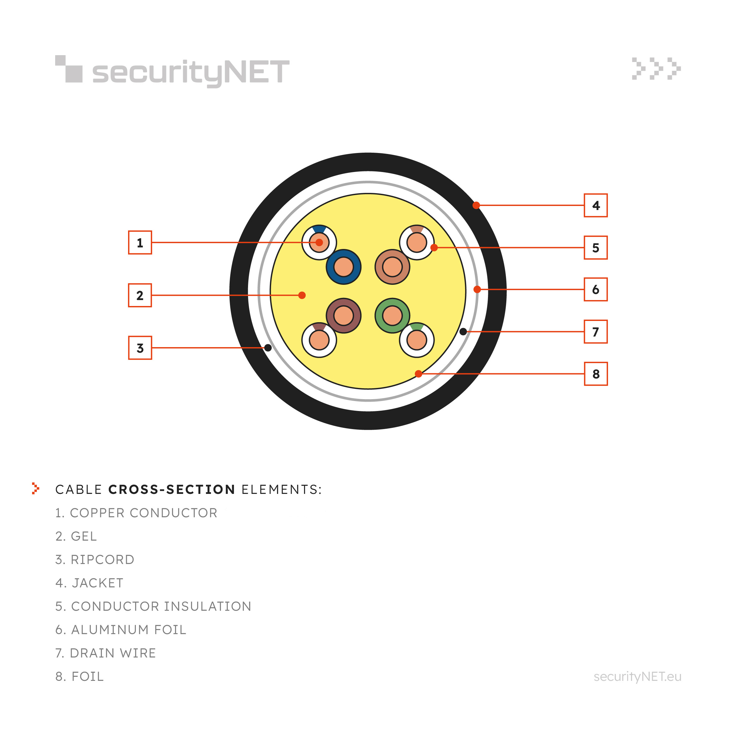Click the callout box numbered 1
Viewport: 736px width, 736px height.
[140, 242]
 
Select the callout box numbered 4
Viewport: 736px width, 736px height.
[596, 205]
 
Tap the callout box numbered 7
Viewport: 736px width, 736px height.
[596, 332]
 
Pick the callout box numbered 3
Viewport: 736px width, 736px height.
[140, 347]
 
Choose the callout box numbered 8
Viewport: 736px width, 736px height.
[596, 374]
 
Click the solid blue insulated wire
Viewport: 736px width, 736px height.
[343, 267]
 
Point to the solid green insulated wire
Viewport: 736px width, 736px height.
[392, 315]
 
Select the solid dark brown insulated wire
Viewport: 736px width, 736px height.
[343, 315]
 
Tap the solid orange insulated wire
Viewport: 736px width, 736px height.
[392, 267]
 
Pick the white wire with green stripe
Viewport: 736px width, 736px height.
[416, 340]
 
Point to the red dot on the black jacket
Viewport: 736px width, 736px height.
[476, 205]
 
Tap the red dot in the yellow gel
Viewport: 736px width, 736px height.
[302, 295]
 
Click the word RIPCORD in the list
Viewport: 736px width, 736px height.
[103, 560]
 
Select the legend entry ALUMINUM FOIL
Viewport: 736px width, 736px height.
[121, 630]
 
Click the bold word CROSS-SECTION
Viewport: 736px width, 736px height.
[171, 490]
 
